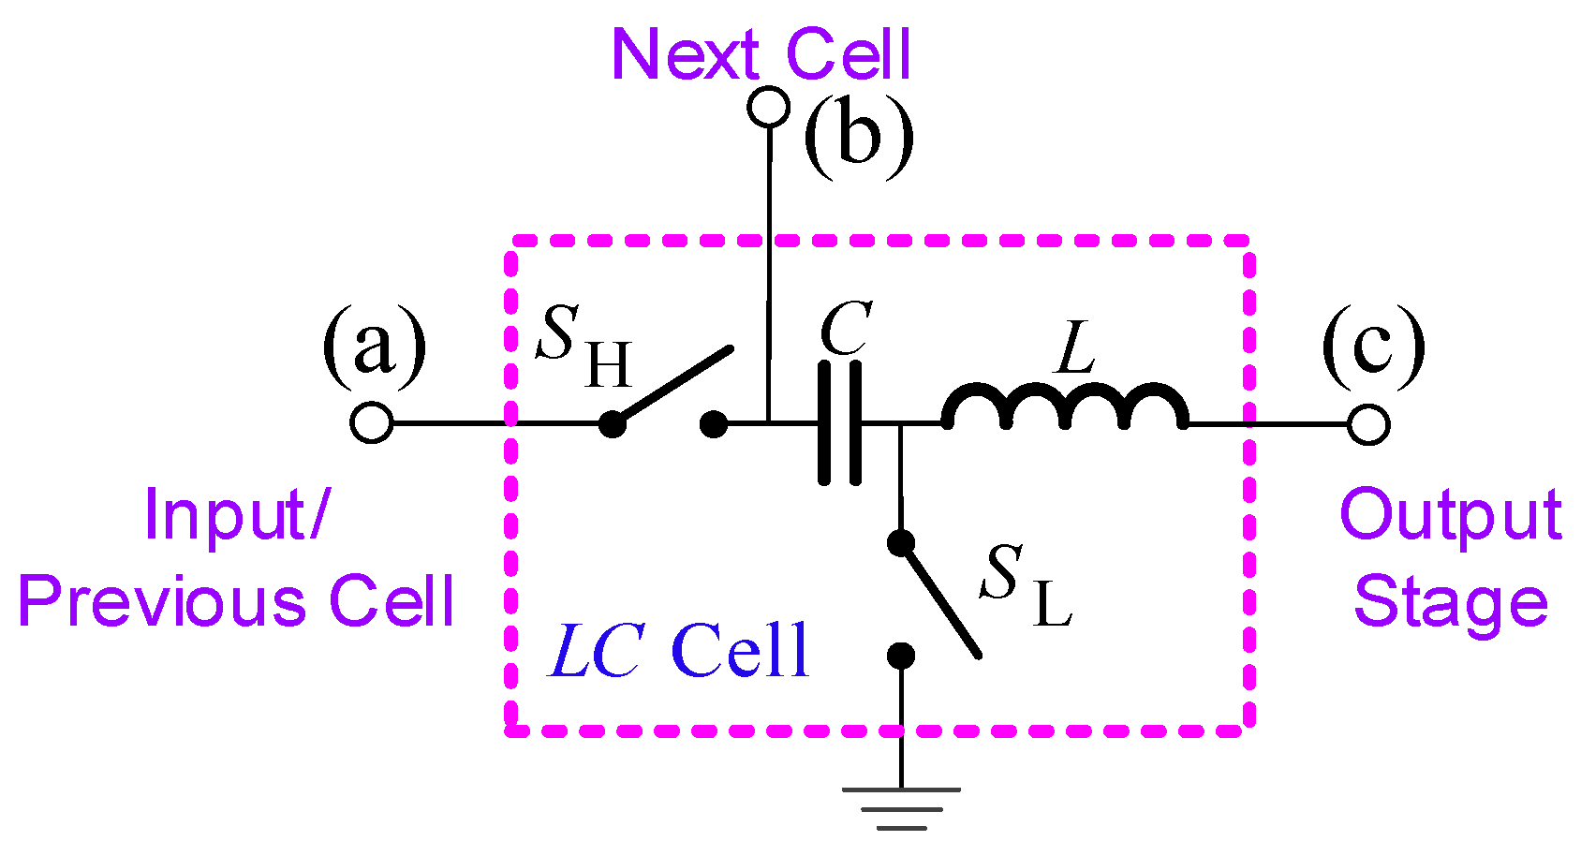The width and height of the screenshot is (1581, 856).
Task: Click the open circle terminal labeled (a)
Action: coord(372,422)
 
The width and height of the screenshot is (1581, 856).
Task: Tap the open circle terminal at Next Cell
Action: coord(769,107)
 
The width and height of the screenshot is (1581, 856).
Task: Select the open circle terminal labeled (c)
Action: coord(1368,424)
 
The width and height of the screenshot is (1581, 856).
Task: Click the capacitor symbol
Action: coord(840,423)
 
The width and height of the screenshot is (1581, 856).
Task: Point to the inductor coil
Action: coord(1066,407)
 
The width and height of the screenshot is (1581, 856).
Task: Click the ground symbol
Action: coord(901,808)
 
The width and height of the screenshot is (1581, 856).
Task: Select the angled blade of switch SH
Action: coord(672,387)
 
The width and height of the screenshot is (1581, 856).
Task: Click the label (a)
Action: coord(374,345)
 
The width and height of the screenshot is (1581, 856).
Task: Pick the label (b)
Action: coord(859,137)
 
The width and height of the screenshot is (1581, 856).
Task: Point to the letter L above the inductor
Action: coord(1076,347)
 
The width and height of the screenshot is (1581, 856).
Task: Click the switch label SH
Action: coord(584,346)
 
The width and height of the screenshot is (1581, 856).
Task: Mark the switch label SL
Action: coord(1026,585)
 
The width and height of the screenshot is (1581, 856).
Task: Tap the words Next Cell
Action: coord(761,54)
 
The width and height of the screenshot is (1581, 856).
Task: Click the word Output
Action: coord(1451,515)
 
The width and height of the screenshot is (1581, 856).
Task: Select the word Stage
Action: coord(1451,601)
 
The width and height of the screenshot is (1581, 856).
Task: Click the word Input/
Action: coord(238,515)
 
